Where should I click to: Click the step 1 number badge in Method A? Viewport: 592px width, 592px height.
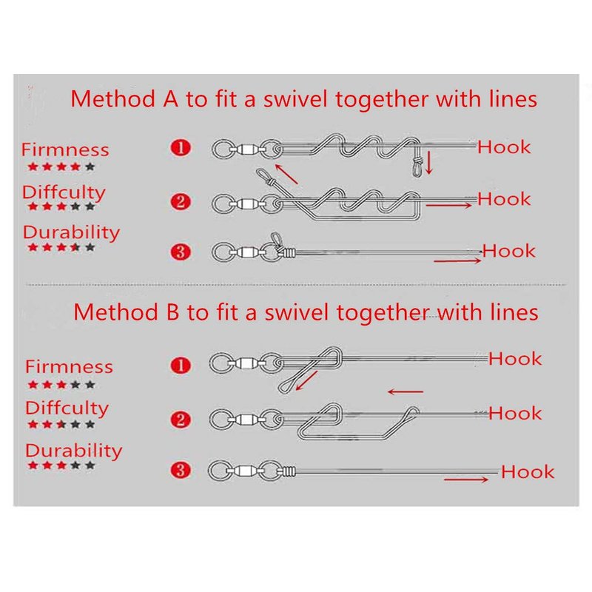(x=181, y=147)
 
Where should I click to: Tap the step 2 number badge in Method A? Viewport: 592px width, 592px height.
(x=181, y=201)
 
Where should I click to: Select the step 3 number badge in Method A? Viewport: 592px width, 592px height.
(x=181, y=252)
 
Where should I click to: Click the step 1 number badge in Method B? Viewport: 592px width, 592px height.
(x=181, y=366)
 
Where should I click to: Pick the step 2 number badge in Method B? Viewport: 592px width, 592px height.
(x=181, y=420)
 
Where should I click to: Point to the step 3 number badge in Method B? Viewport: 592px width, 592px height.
(x=181, y=471)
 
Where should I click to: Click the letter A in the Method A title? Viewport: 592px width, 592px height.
(x=170, y=99)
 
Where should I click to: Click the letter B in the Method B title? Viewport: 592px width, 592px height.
(x=172, y=312)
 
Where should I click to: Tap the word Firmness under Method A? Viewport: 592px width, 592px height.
(x=65, y=149)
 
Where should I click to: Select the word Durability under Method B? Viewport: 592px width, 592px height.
(x=73, y=451)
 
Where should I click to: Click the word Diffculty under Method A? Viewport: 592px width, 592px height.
(x=64, y=192)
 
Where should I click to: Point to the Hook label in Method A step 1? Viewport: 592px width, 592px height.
(x=504, y=147)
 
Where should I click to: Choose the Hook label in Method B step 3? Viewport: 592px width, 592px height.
(x=528, y=472)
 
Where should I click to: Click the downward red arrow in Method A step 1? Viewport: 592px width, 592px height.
(x=428, y=163)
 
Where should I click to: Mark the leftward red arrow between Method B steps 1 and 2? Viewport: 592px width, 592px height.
(x=406, y=392)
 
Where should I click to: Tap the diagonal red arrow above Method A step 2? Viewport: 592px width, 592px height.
(x=286, y=175)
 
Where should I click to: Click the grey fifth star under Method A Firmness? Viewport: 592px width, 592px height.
(x=90, y=166)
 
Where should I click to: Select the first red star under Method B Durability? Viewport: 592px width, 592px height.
(x=33, y=465)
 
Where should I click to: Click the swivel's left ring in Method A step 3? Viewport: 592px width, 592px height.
(x=222, y=252)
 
